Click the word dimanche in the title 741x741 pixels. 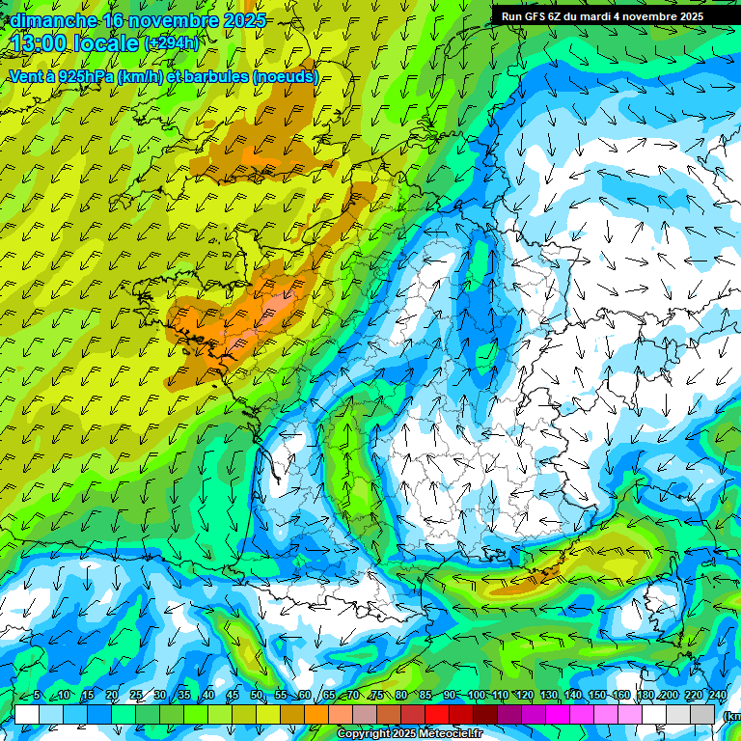(53, 20)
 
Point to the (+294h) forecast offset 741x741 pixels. (172, 42)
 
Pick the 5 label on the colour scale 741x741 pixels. (37, 696)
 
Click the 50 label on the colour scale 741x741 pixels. (257, 696)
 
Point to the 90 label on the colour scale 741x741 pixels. (450, 696)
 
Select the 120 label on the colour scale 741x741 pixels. (524, 696)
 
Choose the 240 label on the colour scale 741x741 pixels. (717, 696)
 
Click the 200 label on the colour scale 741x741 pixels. (669, 696)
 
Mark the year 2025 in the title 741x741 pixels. (244, 20)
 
